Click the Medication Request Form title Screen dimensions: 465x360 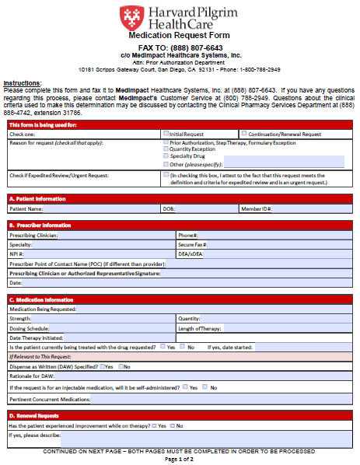180,36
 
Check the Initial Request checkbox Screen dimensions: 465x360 166,134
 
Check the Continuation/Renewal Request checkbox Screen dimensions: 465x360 243,134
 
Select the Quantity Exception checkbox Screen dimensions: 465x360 166,149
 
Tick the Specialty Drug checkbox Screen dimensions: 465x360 166,156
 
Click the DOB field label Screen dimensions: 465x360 169,208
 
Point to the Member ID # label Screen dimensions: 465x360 256,208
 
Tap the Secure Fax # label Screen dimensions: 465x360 192,244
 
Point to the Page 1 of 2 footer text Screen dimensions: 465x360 180,459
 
